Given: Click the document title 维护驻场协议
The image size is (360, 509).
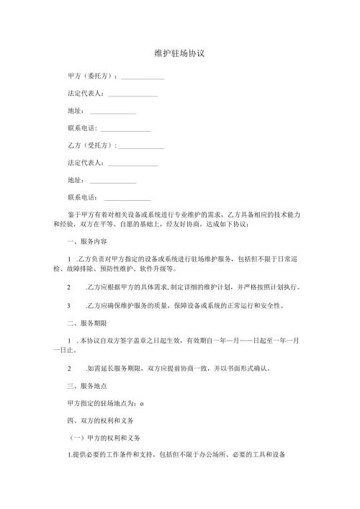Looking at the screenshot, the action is (x=180, y=54).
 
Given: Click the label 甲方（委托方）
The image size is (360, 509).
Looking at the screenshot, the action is (x=91, y=76).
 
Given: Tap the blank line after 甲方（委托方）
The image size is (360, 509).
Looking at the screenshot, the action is (x=143, y=78).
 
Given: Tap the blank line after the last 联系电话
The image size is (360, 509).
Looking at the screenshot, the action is (x=127, y=199).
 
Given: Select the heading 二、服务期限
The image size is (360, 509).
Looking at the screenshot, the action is (x=86, y=324).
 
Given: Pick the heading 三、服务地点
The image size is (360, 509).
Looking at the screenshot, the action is (x=86, y=386).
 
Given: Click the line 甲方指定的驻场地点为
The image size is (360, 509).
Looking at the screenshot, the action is (x=103, y=403).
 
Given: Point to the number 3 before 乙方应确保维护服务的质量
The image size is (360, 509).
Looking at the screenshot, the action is (x=68, y=306).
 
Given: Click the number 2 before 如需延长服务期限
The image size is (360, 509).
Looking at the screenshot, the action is (x=68, y=368).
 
